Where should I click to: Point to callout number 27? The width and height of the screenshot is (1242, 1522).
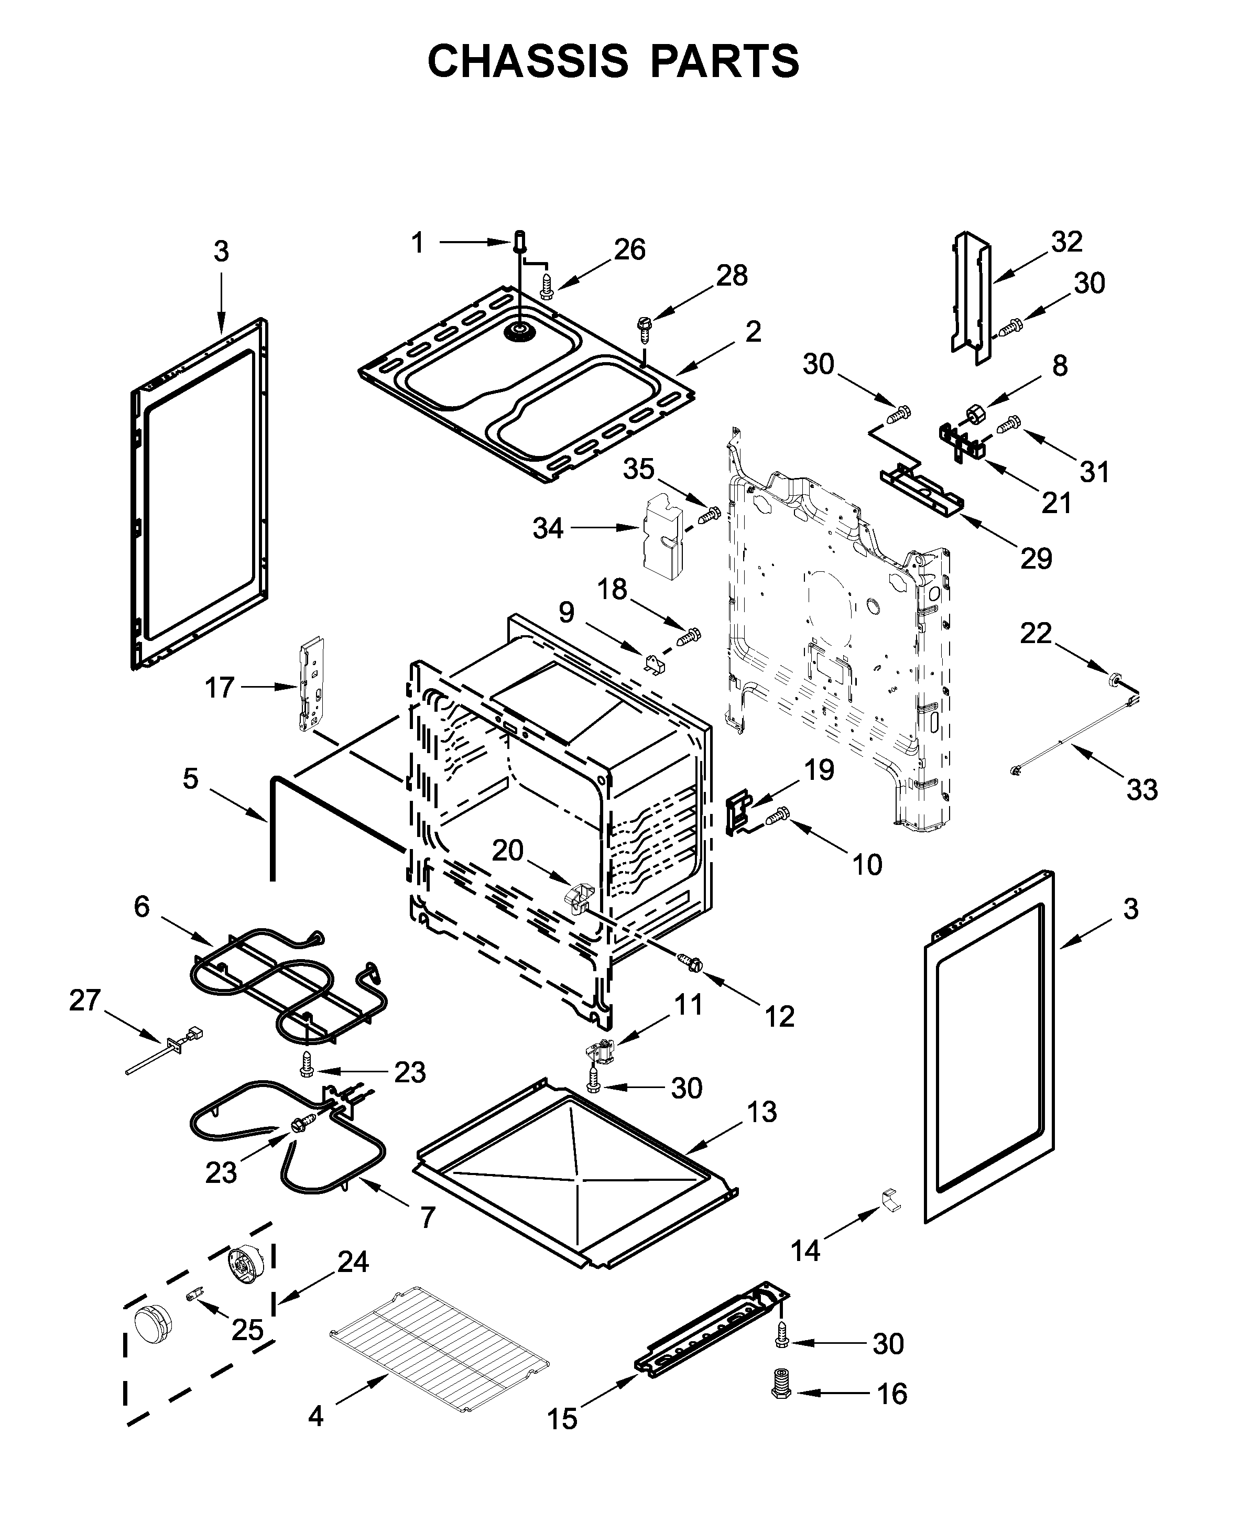(x=84, y=1001)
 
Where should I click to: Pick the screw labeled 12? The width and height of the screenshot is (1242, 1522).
(x=693, y=963)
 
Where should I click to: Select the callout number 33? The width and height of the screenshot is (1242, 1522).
(x=1142, y=790)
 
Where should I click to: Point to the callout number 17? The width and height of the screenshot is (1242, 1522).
(x=220, y=688)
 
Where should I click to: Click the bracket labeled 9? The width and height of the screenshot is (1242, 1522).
(x=654, y=664)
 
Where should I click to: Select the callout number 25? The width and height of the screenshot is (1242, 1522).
(x=247, y=1330)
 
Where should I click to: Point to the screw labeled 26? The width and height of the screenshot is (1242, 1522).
(x=547, y=285)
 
